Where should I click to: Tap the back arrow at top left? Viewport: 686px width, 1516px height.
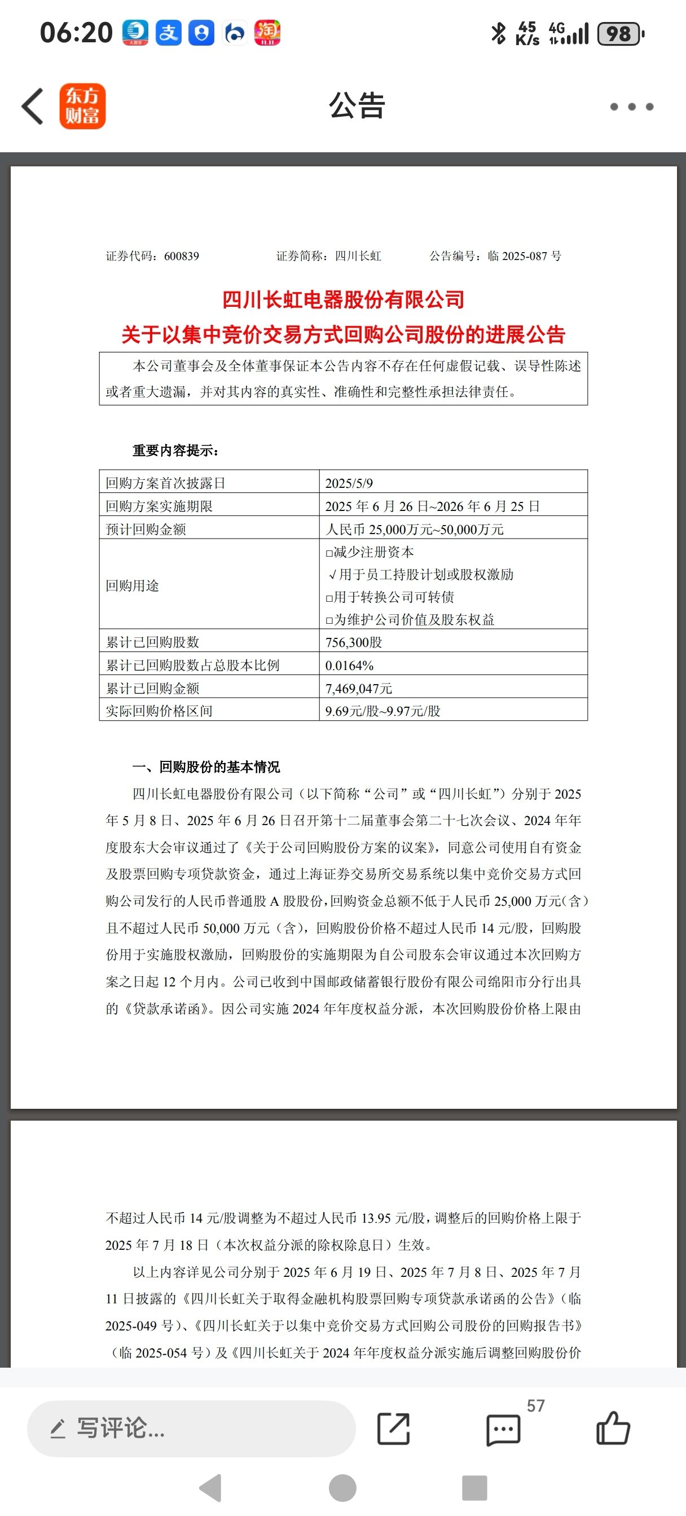(x=33, y=107)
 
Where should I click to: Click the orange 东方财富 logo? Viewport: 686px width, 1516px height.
(x=82, y=107)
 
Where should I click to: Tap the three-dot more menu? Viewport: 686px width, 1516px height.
(x=631, y=107)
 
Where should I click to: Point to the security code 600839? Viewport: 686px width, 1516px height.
(x=181, y=256)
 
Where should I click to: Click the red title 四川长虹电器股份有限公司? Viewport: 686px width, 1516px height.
(x=344, y=300)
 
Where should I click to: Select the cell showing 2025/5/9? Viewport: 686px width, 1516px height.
(x=349, y=483)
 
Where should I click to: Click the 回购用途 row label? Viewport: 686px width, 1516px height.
(x=133, y=585)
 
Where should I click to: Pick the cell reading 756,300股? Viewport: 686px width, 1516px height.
(x=354, y=642)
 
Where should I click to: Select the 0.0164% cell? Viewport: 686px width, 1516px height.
(x=349, y=666)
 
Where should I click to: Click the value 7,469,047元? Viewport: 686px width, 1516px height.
(x=359, y=689)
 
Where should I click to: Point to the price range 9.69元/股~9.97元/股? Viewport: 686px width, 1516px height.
(x=382, y=711)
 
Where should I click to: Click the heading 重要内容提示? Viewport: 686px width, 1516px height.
(x=175, y=451)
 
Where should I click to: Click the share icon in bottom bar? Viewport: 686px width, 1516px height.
(x=393, y=1429)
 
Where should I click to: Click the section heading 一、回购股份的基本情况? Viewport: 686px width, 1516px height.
(x=206, y=767)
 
